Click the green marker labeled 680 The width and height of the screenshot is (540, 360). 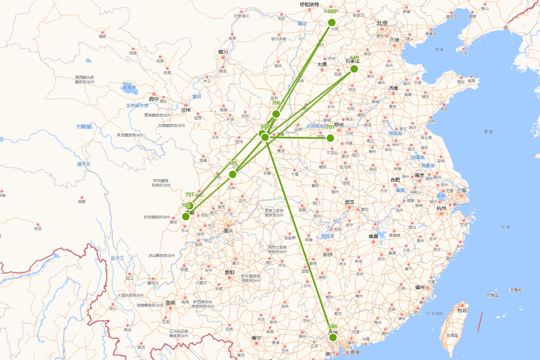332,22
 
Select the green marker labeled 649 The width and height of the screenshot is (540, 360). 354,69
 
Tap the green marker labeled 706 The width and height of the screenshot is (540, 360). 276,114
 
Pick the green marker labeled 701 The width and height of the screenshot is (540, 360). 330,138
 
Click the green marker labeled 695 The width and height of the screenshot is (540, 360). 233,174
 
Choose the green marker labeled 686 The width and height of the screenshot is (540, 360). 333,337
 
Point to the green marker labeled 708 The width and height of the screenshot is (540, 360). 185,216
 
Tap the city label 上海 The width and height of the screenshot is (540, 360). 462,190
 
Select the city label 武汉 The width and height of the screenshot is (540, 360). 349,202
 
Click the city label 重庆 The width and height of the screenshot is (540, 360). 228,231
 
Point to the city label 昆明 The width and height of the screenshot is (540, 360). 170,303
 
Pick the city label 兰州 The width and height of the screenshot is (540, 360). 186,110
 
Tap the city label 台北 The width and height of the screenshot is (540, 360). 462,310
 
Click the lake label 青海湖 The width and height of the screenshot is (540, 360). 131,88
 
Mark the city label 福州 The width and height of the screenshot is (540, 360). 420,287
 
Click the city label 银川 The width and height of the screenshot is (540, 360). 223,52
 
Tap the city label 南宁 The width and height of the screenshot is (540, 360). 256,337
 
